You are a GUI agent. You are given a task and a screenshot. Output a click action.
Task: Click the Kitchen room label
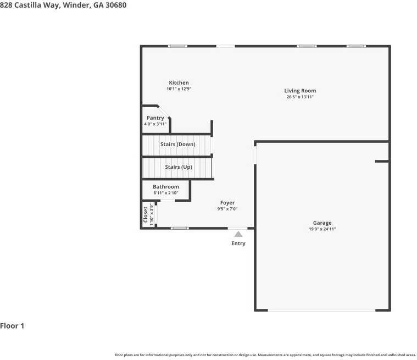coord(179,83)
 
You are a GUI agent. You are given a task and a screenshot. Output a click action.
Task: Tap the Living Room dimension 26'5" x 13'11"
coord(300,97)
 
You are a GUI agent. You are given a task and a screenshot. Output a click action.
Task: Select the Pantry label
coord(155,118)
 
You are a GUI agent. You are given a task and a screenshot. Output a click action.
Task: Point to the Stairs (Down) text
coord(177,144)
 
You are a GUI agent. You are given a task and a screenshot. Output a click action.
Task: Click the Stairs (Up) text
coord(178,167)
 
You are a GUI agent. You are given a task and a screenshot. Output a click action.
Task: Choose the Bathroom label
coord(165,187)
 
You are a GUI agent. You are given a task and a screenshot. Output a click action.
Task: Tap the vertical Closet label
coord(146,214)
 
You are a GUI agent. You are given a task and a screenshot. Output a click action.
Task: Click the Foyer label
coord(227,203)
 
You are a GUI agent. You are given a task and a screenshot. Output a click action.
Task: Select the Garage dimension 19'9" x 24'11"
coord(322,229)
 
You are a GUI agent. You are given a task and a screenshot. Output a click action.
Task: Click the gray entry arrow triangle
coord(238,234)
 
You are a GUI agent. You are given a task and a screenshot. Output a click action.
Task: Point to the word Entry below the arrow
coord(238,243)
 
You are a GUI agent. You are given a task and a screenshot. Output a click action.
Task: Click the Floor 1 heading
coord(12,326)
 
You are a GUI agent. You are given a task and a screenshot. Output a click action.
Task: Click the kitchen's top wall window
coord(177,46)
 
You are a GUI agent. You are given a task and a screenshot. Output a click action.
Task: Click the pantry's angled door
coord(164,111)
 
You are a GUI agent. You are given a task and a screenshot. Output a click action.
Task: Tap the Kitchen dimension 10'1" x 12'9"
coord(179,89)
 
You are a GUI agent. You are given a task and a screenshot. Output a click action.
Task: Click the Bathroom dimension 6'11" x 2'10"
coord(165,193)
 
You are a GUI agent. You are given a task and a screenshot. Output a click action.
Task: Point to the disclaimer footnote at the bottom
coord(265,355)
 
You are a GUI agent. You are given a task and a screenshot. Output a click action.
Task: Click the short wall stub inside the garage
coord(381,161)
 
